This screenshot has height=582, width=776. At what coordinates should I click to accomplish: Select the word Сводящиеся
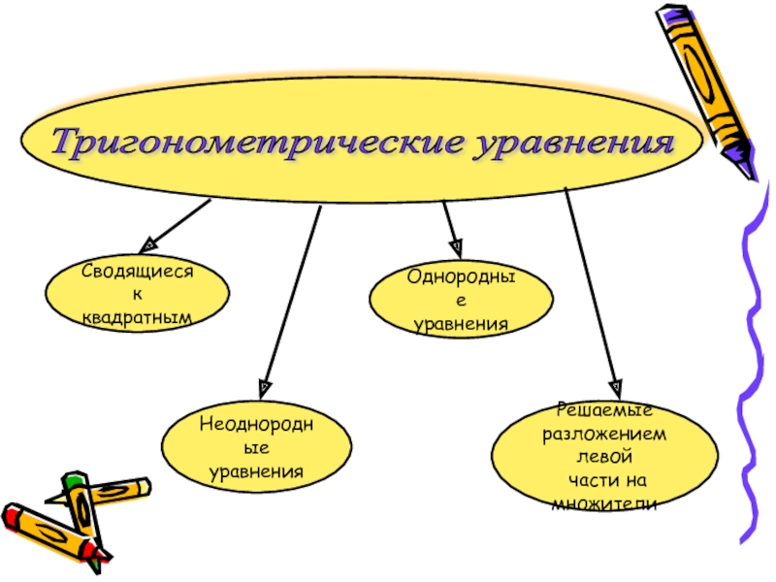(x=137, y=274)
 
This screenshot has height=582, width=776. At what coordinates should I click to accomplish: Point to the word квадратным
(x=137, y=316)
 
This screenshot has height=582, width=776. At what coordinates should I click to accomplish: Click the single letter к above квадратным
(x=137, y=295)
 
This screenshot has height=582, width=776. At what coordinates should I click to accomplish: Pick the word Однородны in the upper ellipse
(x=461, y=278)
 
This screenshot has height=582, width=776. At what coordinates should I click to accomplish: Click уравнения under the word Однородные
(x=461, y=323)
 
